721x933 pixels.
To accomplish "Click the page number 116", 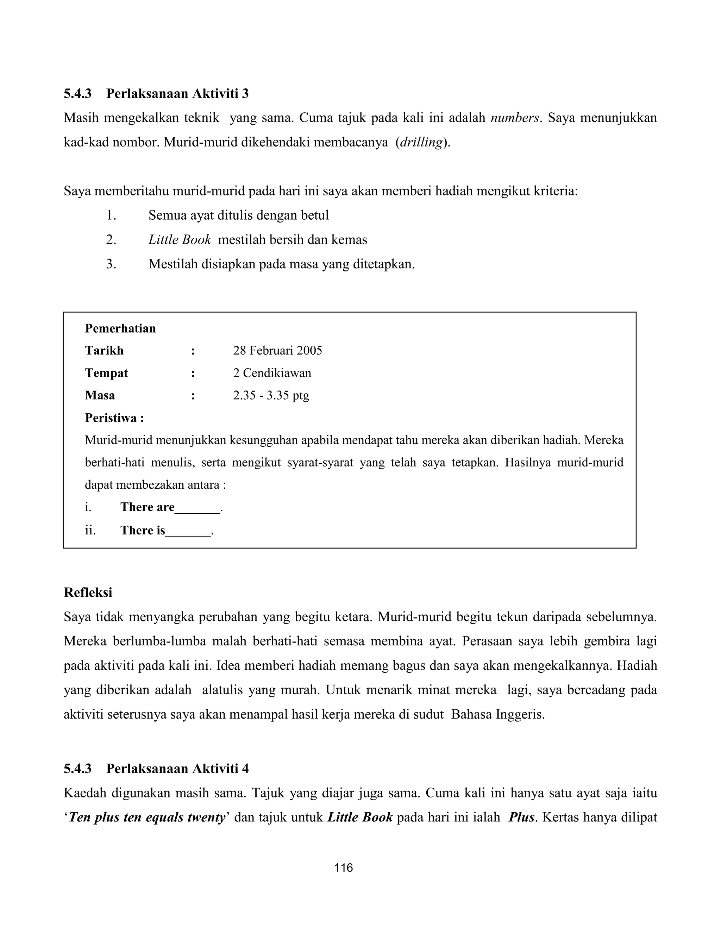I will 343,868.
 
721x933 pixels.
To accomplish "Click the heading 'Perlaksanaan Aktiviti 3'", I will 177,93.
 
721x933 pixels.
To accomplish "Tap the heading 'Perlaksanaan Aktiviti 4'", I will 177,769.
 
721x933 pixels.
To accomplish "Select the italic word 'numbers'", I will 515,118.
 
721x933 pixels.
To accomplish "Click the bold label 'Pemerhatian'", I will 120,328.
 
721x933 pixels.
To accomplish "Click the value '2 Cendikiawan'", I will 272,373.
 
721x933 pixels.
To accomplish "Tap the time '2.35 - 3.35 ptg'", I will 271,395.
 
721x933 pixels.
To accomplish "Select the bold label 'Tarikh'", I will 104,350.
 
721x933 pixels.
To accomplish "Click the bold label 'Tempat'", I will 106,373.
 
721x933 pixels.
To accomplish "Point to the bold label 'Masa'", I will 100,395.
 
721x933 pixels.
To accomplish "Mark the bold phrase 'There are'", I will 148,507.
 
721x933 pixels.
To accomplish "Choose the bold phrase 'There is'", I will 143,530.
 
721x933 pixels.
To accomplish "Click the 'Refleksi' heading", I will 88,592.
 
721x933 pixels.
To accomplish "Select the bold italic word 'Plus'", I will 521,817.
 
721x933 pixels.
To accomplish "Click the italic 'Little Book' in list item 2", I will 180,240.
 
